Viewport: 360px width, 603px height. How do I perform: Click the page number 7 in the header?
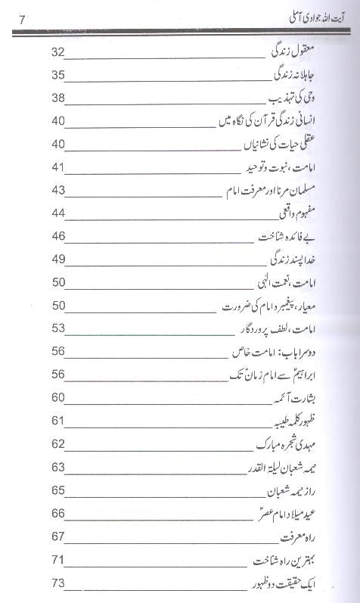[23, 19]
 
